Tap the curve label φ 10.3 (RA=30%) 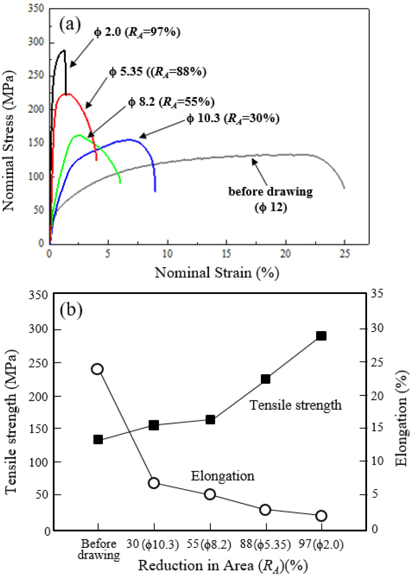click(233, 119)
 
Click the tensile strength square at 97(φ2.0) click(321, 336)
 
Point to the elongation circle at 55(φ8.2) click(210, 494)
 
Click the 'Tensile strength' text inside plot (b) click(295, 406)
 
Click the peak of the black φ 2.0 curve click(63, 51)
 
